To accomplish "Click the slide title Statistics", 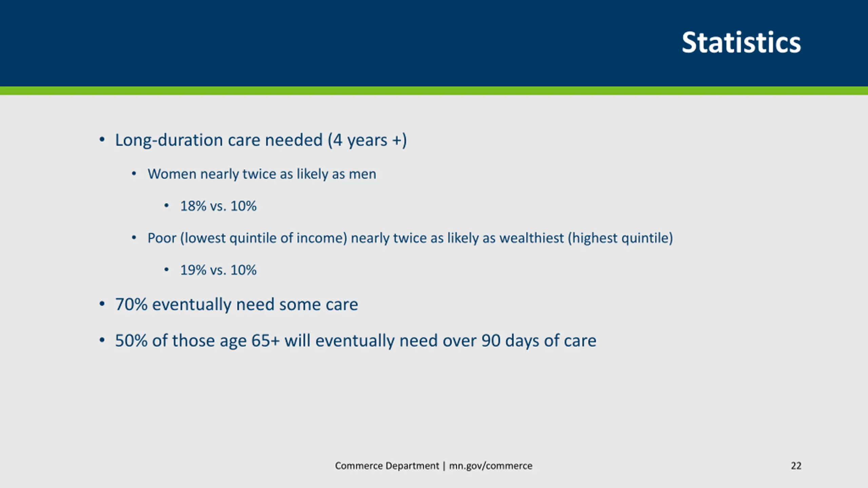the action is pyautogui.click(x=741, y=43).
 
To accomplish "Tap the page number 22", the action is pyautogui.click(x=796, y=466).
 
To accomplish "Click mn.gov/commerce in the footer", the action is pyautogui.click(x=491, y=466).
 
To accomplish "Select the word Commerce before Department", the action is pyautogui.click(x=359, y=466).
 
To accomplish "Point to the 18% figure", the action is pyautogui.click(x=193, y=206).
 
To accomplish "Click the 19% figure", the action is pyautogui.click(x=193, y=270).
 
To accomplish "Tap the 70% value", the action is pyautogui.click(x=131, y=304).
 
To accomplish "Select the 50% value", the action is pyautogui.click(x=131, y=341).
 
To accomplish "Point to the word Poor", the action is pyautogui.click(x=162, y=238).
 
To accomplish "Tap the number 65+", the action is pyautogui.click(x=265, y=341).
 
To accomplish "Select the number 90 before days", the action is pyautogui.click(x=491, y=341).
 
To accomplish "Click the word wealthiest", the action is pyautogui.click(x=531, y=238).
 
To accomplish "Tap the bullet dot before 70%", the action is pyautogui.click(x=102, y=304).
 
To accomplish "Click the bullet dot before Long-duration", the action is pyautogui.click(x=102, y=140).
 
